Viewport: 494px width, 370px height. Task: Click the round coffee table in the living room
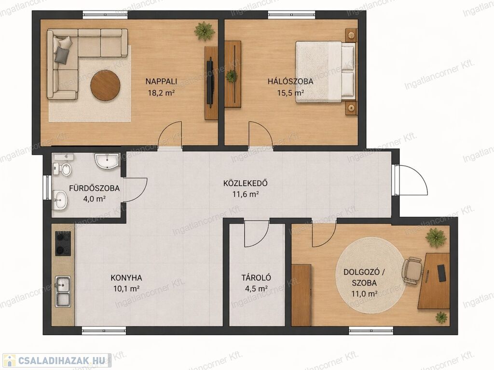tap(105, 86)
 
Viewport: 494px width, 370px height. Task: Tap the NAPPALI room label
tap(161, 81)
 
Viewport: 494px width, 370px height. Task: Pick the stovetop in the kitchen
tap(63, 243)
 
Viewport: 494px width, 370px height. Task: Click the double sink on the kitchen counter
tap(63, 291)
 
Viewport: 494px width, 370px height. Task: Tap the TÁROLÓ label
tap(256, 278)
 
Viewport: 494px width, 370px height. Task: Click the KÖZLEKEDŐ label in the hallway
tap(246, 183)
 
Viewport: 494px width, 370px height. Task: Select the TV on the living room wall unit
tap(210, 81)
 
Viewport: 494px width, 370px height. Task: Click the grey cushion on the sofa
tap(62, 55)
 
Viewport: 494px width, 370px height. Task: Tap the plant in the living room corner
tap(205, 31)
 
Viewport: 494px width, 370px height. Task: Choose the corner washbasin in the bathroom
tap(107, 161)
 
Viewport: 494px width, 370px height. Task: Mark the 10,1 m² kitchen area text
tap(126, 289)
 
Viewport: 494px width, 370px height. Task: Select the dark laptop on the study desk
tap(442, 273)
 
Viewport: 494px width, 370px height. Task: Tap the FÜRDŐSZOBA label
tap(94, 188)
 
